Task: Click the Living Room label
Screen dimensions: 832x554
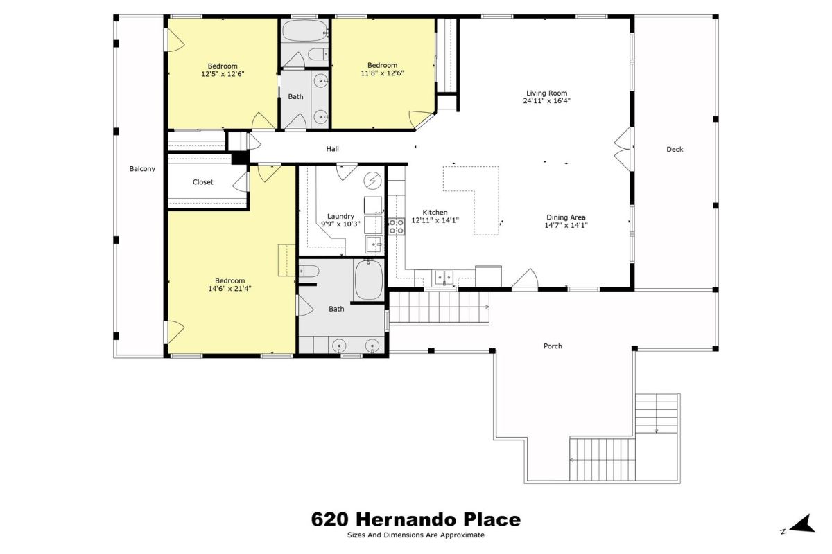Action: (546, 93)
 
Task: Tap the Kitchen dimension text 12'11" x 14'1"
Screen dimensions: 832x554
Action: (435, 220)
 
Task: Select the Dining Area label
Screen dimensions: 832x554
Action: (566, 217)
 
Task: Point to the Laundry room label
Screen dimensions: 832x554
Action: (340, 216)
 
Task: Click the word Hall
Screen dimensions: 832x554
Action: (332, 149)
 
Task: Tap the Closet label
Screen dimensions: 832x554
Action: (202, 182)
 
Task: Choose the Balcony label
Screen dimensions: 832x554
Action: (142, 169)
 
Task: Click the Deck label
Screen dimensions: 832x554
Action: (675, 149)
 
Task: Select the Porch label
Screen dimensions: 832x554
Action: (553, 346)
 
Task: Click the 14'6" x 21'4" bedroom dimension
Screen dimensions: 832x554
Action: (230, 289)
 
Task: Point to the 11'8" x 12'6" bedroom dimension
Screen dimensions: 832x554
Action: (382, 73)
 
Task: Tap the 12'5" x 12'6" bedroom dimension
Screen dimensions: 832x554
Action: (223, 74)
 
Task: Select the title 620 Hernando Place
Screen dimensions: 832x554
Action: (415, 519)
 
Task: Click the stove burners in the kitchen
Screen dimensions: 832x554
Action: (397, 226)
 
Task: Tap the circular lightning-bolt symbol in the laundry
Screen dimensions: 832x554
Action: (372, 181)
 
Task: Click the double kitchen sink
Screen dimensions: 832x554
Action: (444, 277)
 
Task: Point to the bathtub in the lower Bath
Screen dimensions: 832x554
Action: (369, 280)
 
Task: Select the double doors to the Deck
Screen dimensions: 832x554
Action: (623, 149)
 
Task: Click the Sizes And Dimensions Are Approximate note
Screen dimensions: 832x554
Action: (415, 535)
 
